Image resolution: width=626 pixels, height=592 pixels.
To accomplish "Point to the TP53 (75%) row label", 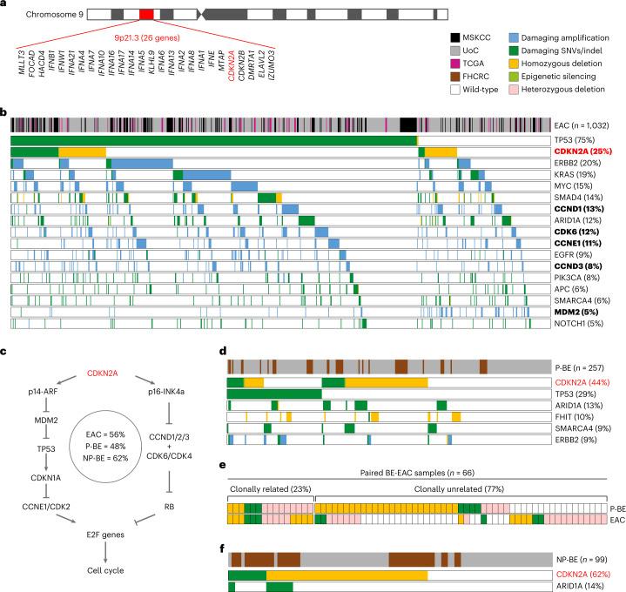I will pos(576,140).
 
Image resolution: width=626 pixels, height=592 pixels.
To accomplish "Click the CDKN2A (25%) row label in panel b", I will pos(583,152).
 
